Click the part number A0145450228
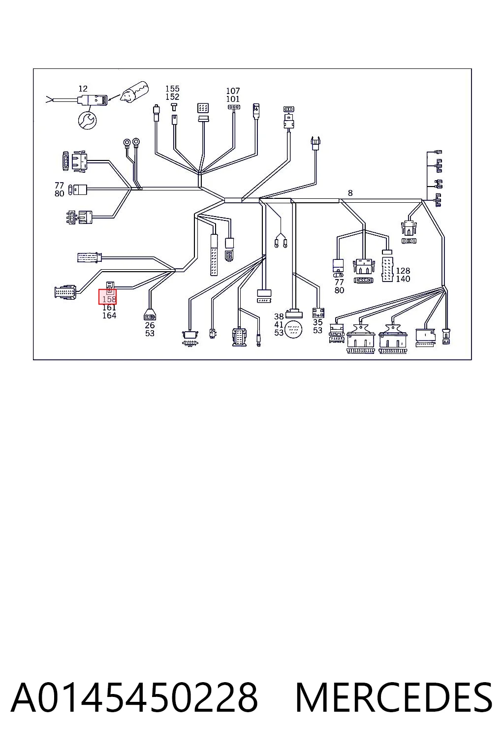(134, 697)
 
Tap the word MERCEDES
(394, 697)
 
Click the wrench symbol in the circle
(87, 120)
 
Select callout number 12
(83, 89)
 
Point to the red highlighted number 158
(109, 299)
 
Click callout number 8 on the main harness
(350, 193)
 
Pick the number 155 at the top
(172, 89)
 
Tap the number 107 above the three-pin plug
(233, 91)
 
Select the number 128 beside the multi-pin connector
(403, 271)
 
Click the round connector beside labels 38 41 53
(294, 330)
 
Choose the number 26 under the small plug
(150, 325)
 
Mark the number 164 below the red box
(109, 315)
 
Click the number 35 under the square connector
(317, 322)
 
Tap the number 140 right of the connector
(403, 279)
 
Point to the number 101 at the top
(233, 99)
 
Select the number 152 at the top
(172, 97)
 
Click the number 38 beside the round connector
(279, 316)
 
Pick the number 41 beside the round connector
(279, 324)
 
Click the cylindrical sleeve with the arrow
(135, 92)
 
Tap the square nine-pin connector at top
(203, 108)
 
